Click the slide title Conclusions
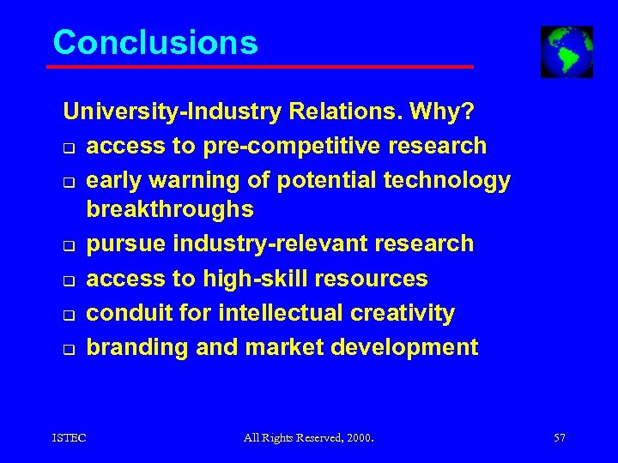[154, 42]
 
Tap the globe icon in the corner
[566, 51]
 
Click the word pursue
[127, 244]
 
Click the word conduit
[130, 313]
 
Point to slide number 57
[559, 438]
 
